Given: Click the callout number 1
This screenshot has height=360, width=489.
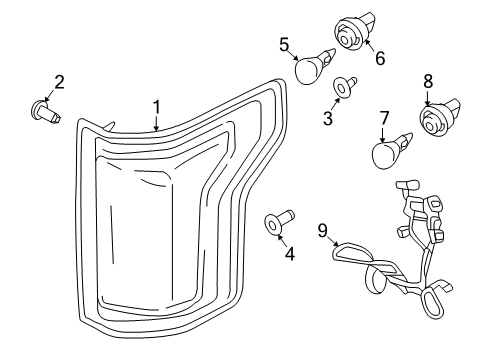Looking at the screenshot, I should click(156, 107).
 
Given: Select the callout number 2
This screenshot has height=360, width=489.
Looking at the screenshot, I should click(59, 81).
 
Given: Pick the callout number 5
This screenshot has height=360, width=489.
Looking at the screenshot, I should click(284, 45).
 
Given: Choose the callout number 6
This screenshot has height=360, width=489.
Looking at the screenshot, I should click(379, 58).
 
